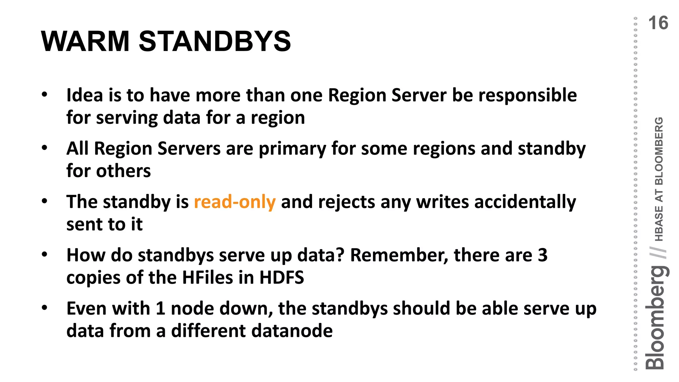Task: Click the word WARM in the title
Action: (x=85, y=41)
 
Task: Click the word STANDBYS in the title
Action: (x=215, y=41)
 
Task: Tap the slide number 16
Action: (x=658, y=23)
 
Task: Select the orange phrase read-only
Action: (x=235, y=202)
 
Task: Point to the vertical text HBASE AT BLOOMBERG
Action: (x=659, y=179)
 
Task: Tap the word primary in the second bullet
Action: (x=292, y=149)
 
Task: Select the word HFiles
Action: (x=208, y=278)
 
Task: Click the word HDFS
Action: (x=281, y=278)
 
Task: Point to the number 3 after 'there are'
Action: (x=542, y=255)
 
